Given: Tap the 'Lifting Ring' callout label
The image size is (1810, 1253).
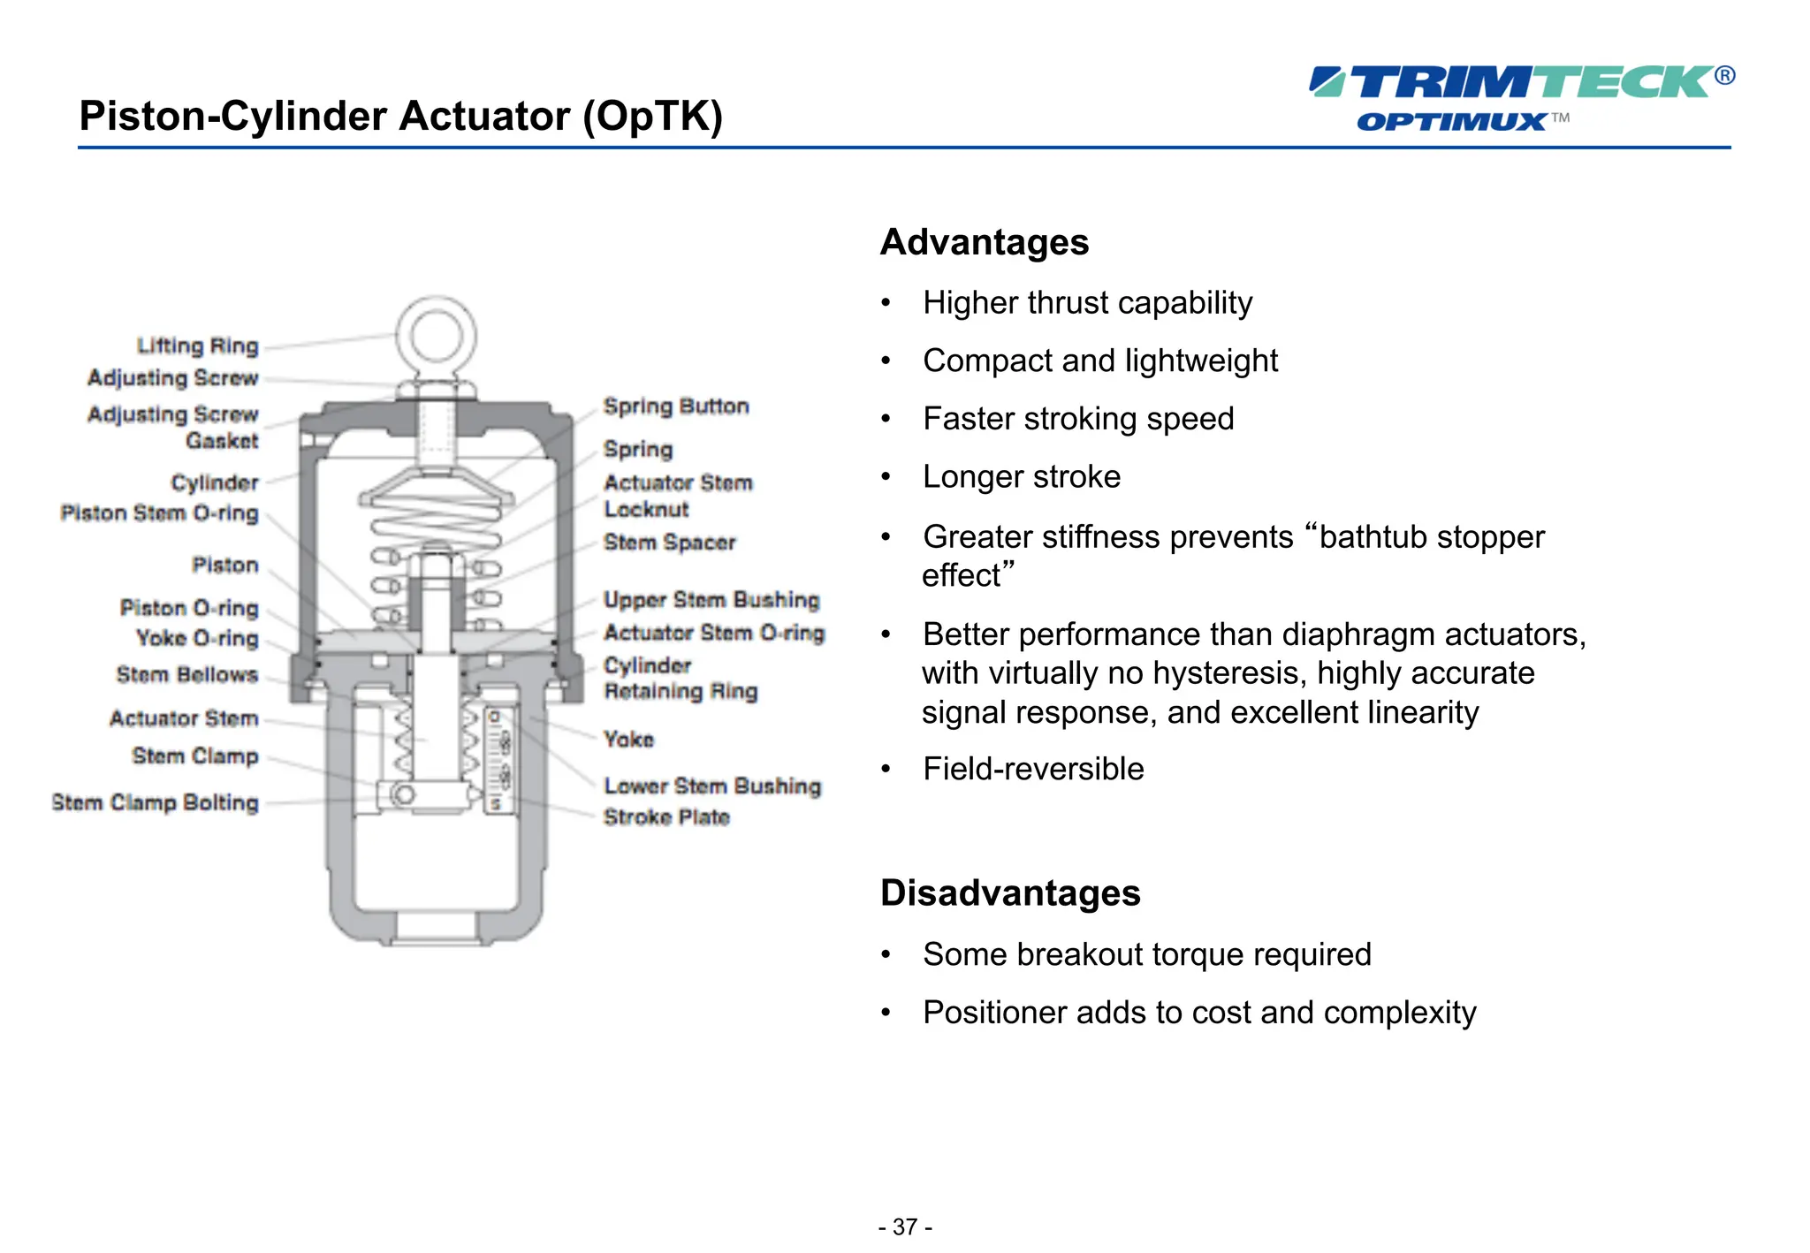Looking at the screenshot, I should click(x=197, y=346).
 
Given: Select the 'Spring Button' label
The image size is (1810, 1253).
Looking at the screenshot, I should click(x=676, y=406).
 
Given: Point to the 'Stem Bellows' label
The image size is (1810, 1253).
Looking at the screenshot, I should click(x=187, y=675).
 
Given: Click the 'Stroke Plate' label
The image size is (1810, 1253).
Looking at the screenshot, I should click(x=666, y=817).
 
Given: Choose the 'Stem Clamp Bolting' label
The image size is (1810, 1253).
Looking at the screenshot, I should click(x=156, y=802).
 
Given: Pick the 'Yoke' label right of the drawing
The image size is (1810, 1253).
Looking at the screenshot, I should click(x=628, y=739).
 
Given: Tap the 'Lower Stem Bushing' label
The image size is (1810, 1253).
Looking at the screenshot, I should click(x=712, y=786).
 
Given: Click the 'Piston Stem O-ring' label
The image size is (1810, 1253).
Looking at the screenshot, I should click(x=160, y=513).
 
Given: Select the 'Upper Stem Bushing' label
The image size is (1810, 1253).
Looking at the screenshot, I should click(x=711, y=600).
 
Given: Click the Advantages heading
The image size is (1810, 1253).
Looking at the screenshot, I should click(x=985, y=242).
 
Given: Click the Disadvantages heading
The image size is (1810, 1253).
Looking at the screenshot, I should click(x=1010, y=892).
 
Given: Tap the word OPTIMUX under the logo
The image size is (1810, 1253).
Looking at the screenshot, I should click(x=1451, y=121).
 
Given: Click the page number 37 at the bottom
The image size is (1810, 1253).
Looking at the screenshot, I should click(x=905, y=1226).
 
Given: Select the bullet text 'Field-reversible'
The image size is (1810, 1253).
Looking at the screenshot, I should click(x=1033, y=769).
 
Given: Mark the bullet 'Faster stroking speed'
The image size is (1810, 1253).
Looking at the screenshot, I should click(x=1078, y=419).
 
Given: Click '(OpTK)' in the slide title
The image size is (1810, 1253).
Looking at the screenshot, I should click(x=652, y=116).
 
